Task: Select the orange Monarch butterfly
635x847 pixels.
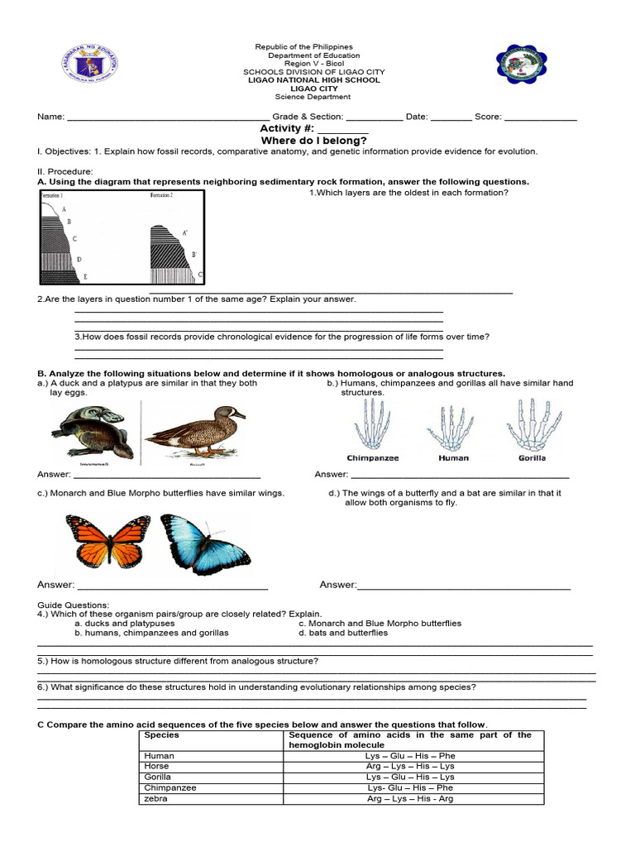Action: [x=107, y=541]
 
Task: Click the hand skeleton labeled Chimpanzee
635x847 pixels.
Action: [x=373, y=425]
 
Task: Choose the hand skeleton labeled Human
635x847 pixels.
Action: [x=453, y=427]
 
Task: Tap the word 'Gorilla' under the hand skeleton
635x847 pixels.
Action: [x=532, y=457]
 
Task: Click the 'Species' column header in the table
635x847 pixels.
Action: [x=161, y=735]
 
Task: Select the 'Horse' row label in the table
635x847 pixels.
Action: [x=156, y=767]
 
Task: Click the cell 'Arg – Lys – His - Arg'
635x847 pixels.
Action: [x=410, y=799]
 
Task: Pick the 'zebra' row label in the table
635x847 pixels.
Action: [x=156, y=799]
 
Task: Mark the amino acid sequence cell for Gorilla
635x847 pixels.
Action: [x=410, y=778]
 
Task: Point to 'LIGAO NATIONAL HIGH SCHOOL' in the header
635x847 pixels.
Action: [x=314, y=80]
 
